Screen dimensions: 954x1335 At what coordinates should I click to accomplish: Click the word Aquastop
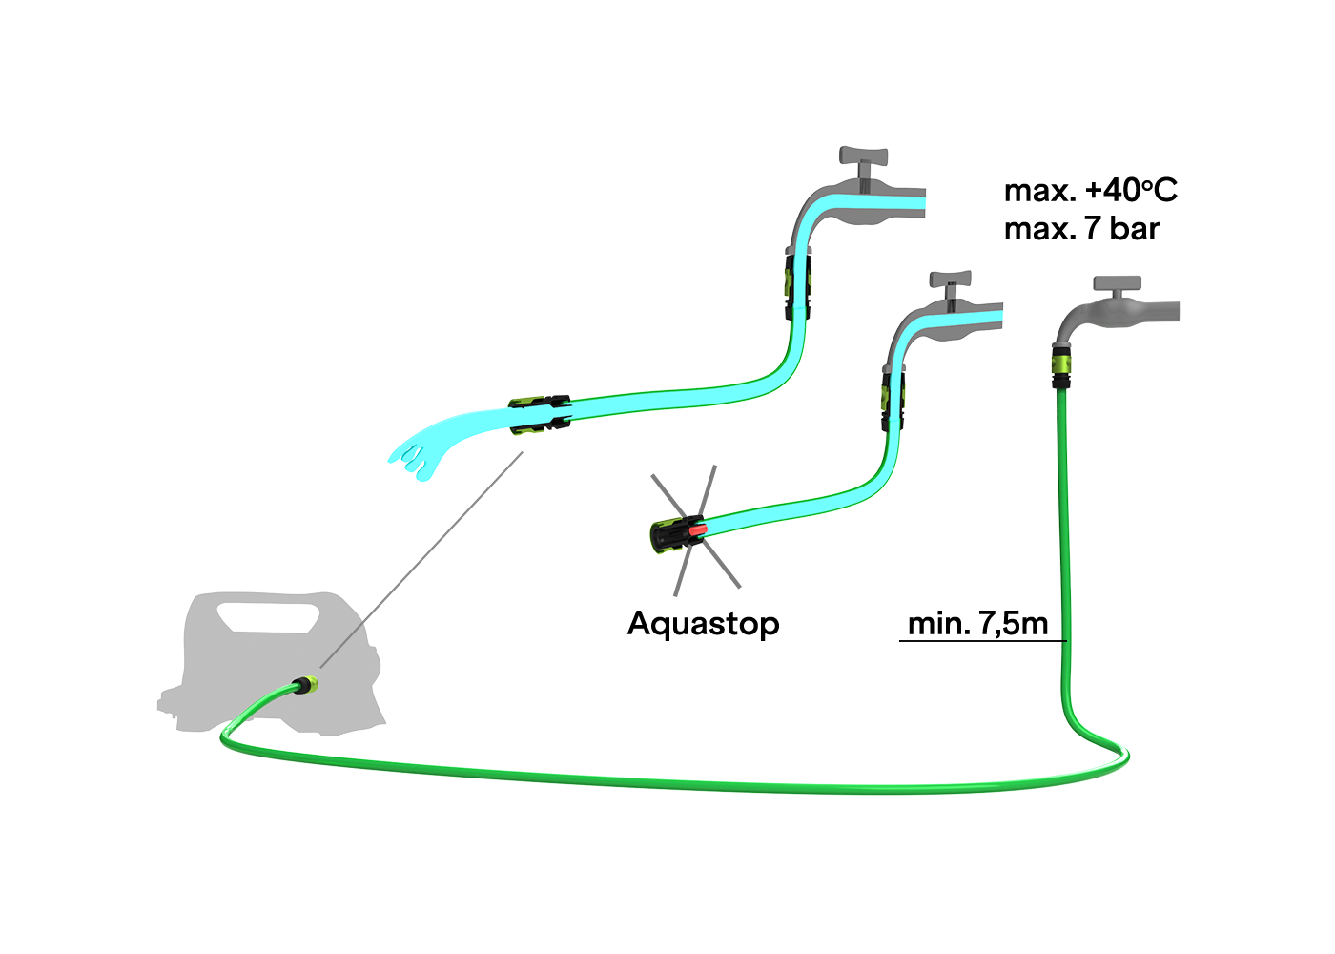click(703, 624)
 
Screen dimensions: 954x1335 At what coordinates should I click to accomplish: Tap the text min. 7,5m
click(977, 624)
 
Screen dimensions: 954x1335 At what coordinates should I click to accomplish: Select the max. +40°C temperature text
click(1090, 191)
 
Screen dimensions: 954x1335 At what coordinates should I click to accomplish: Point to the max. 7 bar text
click(1081, 229)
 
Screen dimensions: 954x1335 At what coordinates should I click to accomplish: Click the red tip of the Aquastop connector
click(698, 528)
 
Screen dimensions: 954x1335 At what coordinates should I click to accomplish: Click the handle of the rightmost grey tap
click(1118, 283)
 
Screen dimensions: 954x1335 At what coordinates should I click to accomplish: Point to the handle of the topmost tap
click(863, 156)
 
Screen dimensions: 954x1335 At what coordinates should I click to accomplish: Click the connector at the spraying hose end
click(540, 415)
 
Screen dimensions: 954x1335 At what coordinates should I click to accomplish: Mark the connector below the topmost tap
click(797, 283)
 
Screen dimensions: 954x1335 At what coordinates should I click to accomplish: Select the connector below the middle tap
click(893, 401)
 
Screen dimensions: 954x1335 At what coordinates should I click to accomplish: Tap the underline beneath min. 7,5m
click(982, 641)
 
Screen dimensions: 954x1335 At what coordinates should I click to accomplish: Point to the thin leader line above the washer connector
click(341, 646)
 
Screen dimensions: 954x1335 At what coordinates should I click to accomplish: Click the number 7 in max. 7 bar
click(1093, 229)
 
